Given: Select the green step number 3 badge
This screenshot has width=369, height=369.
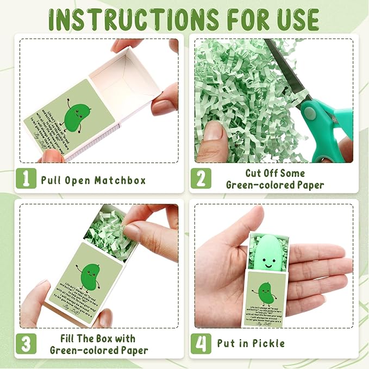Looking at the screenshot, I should click(x=26, y=343).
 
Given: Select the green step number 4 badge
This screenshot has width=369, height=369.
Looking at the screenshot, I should click(x=200, y=343).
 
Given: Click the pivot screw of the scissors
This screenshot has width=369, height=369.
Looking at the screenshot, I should click(x=309, y=112).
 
